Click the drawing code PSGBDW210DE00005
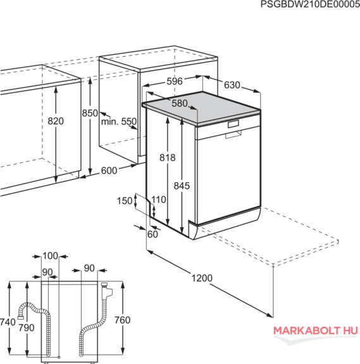310,4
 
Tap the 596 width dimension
175,82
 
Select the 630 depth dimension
232,85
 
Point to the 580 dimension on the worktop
180,103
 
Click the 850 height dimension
90,113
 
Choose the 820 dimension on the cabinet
56,121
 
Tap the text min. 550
119,121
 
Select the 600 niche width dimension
109,171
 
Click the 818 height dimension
167,158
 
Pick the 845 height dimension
182,186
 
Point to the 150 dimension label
125,201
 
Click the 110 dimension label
159,200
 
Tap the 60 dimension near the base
152,234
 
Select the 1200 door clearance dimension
202,278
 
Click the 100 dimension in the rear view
50,256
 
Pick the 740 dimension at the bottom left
8,322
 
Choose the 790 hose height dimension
27,328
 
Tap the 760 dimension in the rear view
122,320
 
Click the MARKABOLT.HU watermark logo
315,331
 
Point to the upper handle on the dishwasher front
233,124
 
